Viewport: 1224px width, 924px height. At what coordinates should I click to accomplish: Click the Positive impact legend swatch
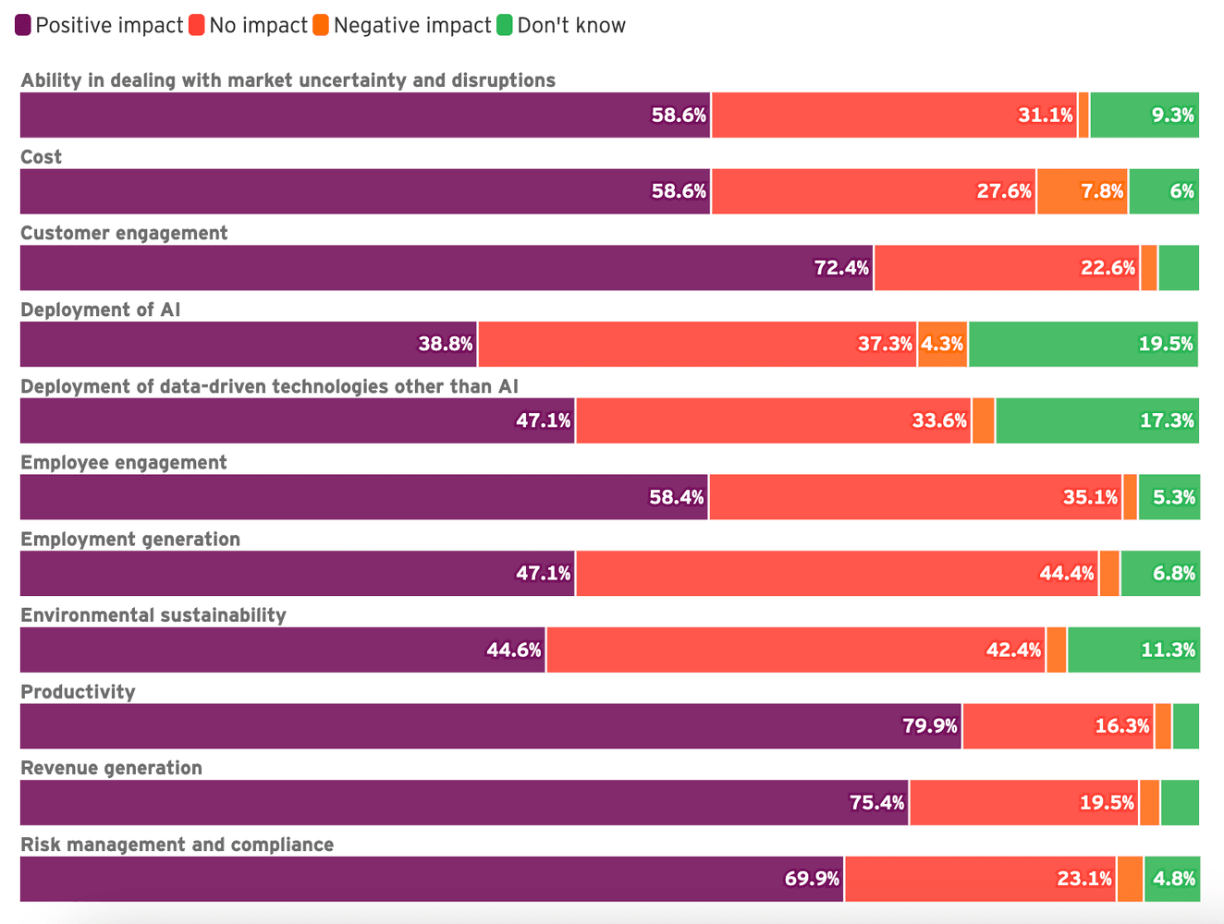coord(23,26)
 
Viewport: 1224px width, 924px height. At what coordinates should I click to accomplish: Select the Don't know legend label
coord(571,26)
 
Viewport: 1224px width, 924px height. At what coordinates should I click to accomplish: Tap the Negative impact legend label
coord(412,26)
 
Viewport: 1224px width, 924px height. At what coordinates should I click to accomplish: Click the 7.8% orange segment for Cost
coord(1082,191)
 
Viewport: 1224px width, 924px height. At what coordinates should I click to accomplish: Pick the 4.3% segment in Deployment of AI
coord(942,345)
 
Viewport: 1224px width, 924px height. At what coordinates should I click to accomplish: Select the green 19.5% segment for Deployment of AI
coord(1083,345)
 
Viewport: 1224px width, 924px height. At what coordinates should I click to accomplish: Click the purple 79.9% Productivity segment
coord(490,726)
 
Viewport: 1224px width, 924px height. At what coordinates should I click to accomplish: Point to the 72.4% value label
coord(841,268)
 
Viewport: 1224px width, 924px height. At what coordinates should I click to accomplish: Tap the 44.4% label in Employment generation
coord(1066,574)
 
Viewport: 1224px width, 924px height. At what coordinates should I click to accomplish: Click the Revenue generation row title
coord(111,768)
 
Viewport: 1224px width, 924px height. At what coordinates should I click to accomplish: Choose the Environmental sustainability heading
coord(153,615)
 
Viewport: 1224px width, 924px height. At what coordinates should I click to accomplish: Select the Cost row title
coord(42,157)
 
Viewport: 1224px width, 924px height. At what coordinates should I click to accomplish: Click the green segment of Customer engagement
coord(1179,268)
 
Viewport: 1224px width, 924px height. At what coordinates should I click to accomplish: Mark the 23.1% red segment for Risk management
coord(980,879)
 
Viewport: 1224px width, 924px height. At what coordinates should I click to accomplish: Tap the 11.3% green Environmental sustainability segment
coord(1133,650)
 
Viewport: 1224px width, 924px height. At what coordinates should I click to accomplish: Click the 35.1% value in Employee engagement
coord(1090,497)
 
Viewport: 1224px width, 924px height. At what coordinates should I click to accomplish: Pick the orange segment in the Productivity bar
coord(1163,726)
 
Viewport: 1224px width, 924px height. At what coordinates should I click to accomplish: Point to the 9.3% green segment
coord(1144,115)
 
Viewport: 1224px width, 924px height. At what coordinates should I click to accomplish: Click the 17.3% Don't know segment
coord(1097,420)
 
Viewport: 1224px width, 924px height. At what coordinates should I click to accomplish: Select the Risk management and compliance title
coord(177,845)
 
